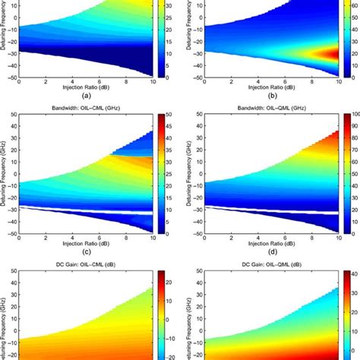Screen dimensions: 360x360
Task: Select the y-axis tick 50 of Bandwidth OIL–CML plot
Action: pos(13,114)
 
